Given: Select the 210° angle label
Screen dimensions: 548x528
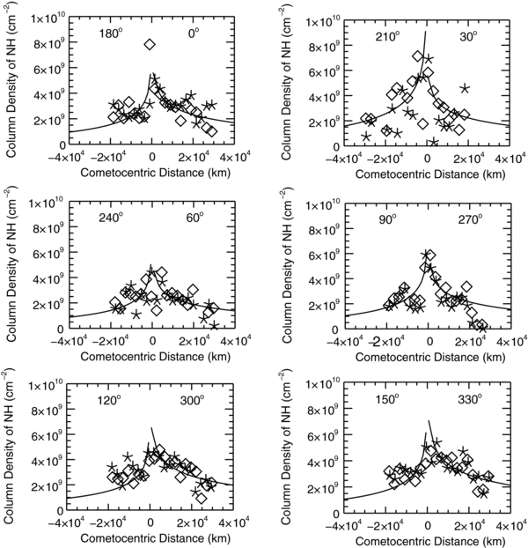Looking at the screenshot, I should pyautogui.click(x=384, y=37).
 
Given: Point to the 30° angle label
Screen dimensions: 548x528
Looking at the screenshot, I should pyautogui.click(x=469, y=37).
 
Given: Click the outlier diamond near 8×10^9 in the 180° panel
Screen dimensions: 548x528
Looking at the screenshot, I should pyautogui.click(x=150, y=44).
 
